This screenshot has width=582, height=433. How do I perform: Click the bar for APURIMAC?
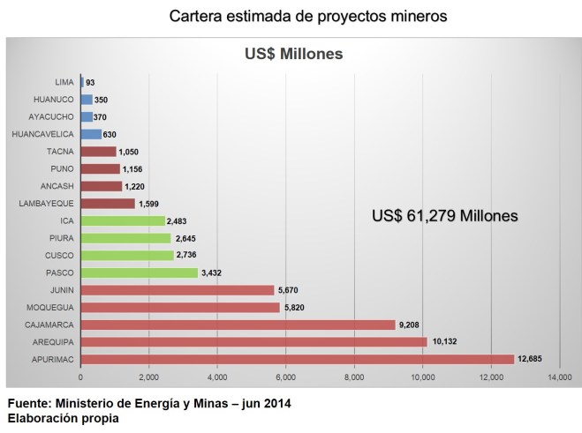(297, 359)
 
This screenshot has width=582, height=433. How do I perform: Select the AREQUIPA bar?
(253, 341)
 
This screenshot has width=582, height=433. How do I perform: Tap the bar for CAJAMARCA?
(238, 325)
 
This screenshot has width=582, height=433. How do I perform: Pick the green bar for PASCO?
(139, 272)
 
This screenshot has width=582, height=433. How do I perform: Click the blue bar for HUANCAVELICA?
(91, 134)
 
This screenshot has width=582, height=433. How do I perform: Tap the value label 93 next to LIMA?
(91, 83)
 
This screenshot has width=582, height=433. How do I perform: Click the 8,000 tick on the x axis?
(354, 378)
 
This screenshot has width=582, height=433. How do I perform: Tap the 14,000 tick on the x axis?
(558, 378)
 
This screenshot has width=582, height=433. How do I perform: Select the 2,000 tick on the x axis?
(148, 378)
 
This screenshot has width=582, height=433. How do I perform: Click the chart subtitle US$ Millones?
(292, 55)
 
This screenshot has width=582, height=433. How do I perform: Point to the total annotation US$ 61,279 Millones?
(444, 215)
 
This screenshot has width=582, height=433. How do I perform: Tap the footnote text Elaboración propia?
(62, 418)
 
